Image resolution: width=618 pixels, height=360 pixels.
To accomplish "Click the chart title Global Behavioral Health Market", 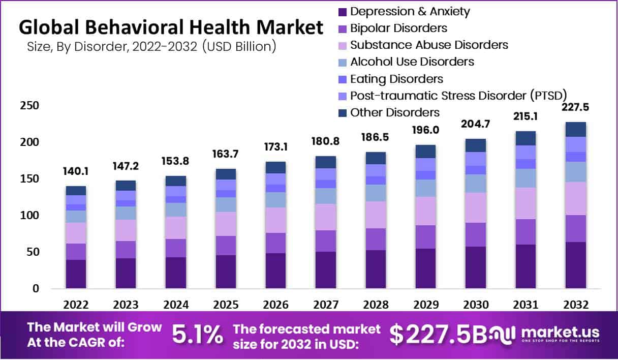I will (171, 27).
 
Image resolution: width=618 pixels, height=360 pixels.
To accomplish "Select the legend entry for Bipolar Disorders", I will (398, 28).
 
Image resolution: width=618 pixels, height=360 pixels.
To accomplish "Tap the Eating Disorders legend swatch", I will (342, 79).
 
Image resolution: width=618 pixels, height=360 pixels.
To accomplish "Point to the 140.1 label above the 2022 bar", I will (76, 172).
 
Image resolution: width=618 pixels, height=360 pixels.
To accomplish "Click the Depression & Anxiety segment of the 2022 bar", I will (76, 274).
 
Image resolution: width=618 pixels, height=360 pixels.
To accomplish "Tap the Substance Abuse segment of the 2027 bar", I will (325, 217).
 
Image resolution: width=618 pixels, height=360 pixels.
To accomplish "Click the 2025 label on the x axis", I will (226, 305).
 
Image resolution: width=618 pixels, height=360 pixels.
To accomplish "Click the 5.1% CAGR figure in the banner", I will (197, 334).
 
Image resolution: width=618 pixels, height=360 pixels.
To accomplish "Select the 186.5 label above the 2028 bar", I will (375, 138).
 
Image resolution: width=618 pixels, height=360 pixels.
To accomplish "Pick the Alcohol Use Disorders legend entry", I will (412, 62).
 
